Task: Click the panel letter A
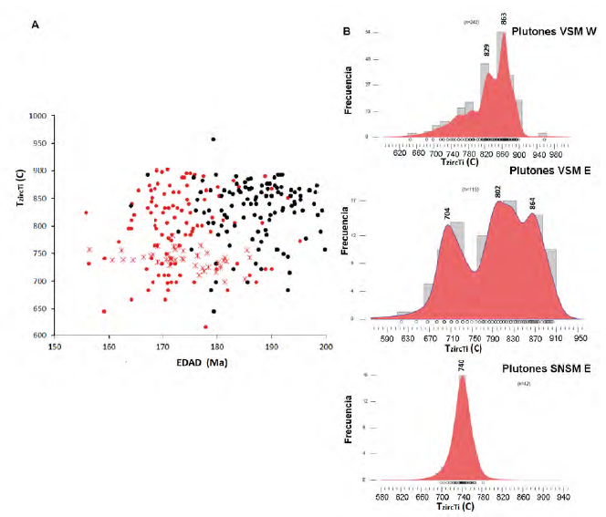point(35,25)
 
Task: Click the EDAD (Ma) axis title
point(204,364)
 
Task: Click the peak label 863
point(504,20)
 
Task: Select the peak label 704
point(447,214)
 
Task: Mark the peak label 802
point(498,193)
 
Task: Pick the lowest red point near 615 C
point(205,326)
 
